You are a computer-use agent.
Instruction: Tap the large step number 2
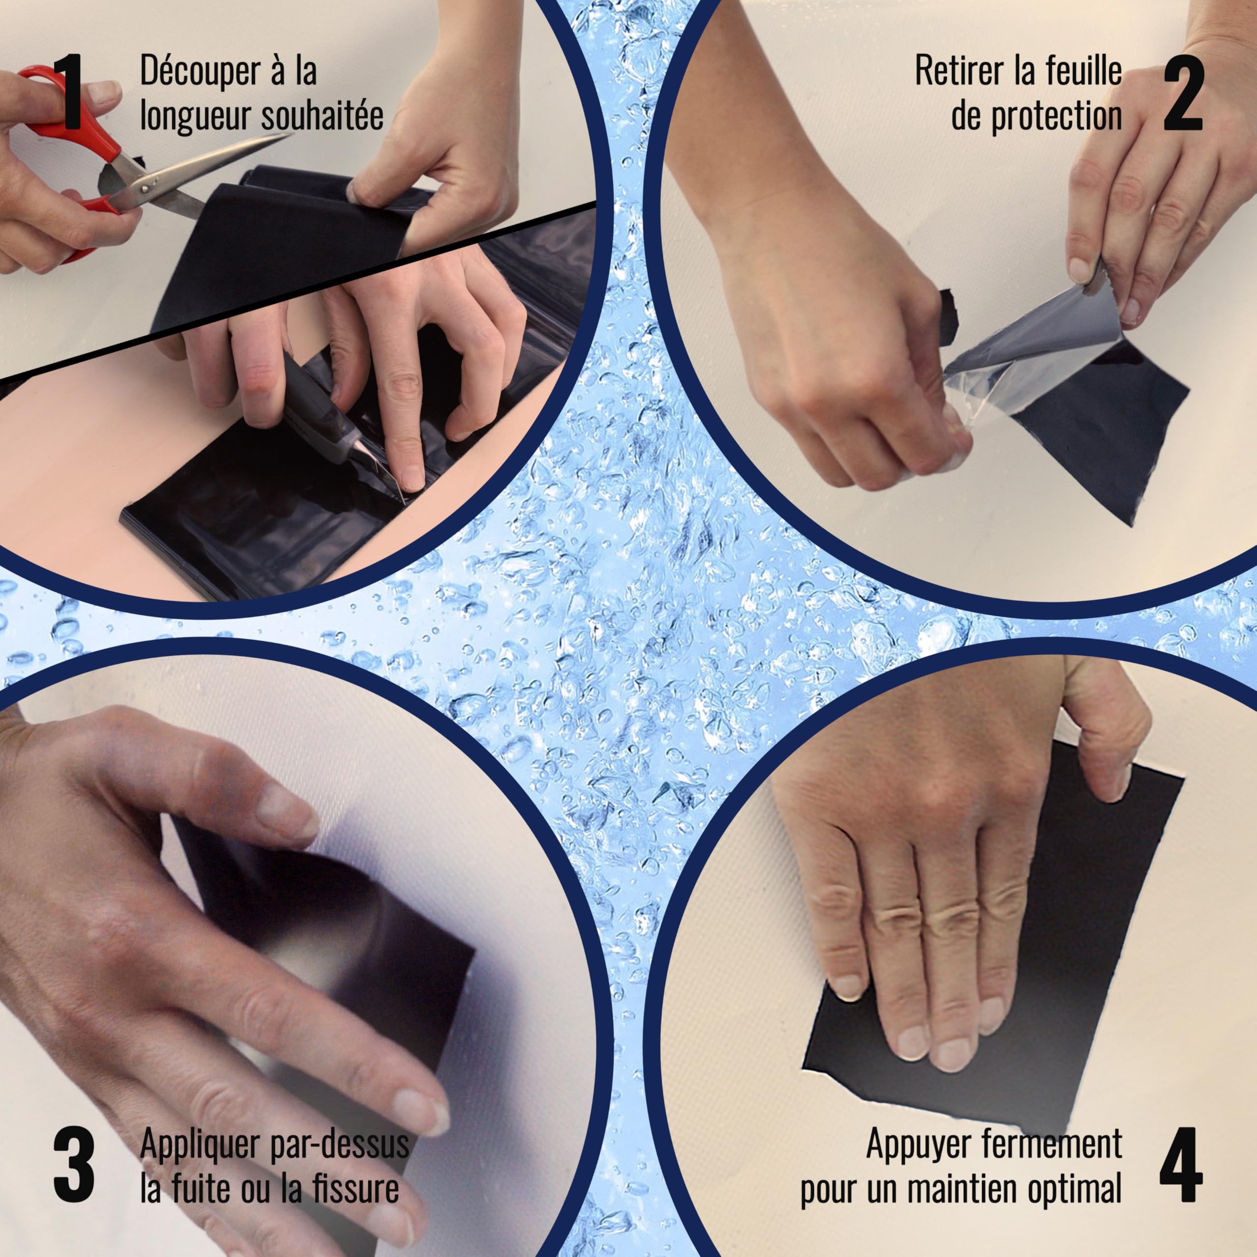pyautogui.click(x=1183, y=92)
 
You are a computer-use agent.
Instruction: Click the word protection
pyautogui.click(x=1057, y=118)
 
